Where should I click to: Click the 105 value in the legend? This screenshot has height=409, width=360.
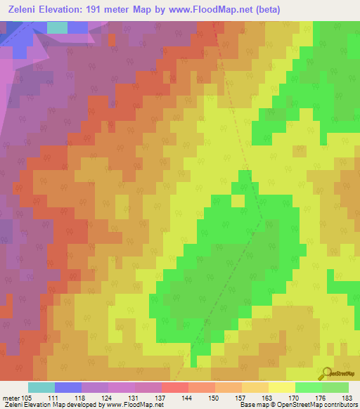coord(27,398)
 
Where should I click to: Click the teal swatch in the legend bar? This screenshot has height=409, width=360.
coord(41,387)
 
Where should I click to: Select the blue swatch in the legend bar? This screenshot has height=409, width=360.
coord(67,387)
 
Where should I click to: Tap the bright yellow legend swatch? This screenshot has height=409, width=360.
coord(281,387)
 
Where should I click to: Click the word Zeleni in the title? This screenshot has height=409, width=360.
coord(22,10)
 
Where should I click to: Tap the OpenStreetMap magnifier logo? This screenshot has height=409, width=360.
coord(325,372)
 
